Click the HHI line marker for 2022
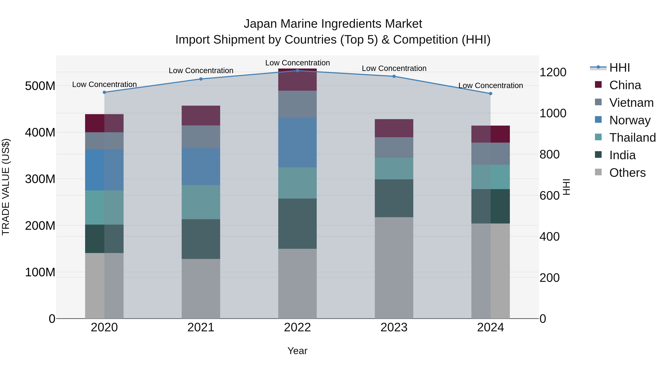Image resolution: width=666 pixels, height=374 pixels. pyautogui.click(x=297, y=71)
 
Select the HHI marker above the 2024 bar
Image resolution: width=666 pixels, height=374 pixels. pyautogui.click(x=490, y=93)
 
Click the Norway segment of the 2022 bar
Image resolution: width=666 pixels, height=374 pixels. pyautogui.click(x=297, y=142)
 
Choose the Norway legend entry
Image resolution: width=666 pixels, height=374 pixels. pyautogui.click(x=630, y=120)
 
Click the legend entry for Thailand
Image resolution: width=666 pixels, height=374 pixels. pyautogui.click(x=632, y=138)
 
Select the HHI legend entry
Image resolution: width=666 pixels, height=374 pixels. pyautogui.click(x=619, y=68)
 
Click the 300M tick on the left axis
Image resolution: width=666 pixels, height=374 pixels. pyautogui.click(x=40, y=179)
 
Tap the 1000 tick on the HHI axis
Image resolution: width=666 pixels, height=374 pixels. pyautogui.click(x=553, y=113)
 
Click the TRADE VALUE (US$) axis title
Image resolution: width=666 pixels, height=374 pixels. pyautogui.click(x=6, y=187)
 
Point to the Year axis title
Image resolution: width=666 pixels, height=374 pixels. pyautogui.click(x=297, y=351)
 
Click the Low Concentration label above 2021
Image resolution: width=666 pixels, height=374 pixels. pyautogui.click(x=201, y=71)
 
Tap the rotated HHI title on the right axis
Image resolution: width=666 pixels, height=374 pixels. pyautogui.click(x=566, y=187)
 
